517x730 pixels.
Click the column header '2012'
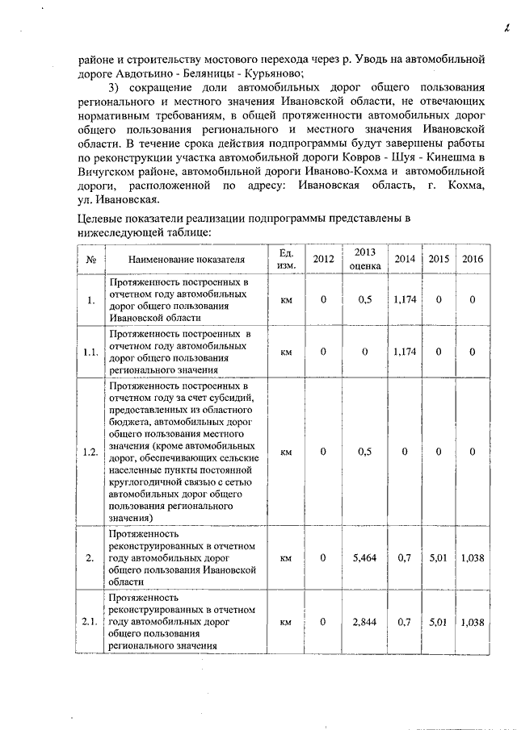[x=323, y=258]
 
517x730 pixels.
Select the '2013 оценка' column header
[x=365, y=258]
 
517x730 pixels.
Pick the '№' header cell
[x=91, y=259]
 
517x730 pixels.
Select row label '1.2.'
[x=90, y=452]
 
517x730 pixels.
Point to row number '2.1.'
[x=90, y=622]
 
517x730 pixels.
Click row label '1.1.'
[x=90, y=352]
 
